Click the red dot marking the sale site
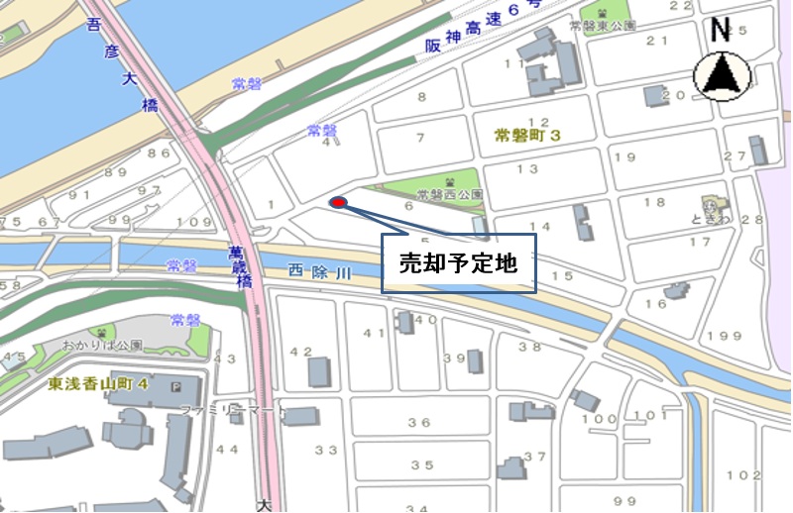coord(338,203)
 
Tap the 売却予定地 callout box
coord(458,263)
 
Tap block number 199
coord(725,337)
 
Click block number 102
coord(742,474)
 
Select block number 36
coord(420,423)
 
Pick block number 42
coord(300,352)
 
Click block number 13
coord(527,169)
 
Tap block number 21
coord(656,41)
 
